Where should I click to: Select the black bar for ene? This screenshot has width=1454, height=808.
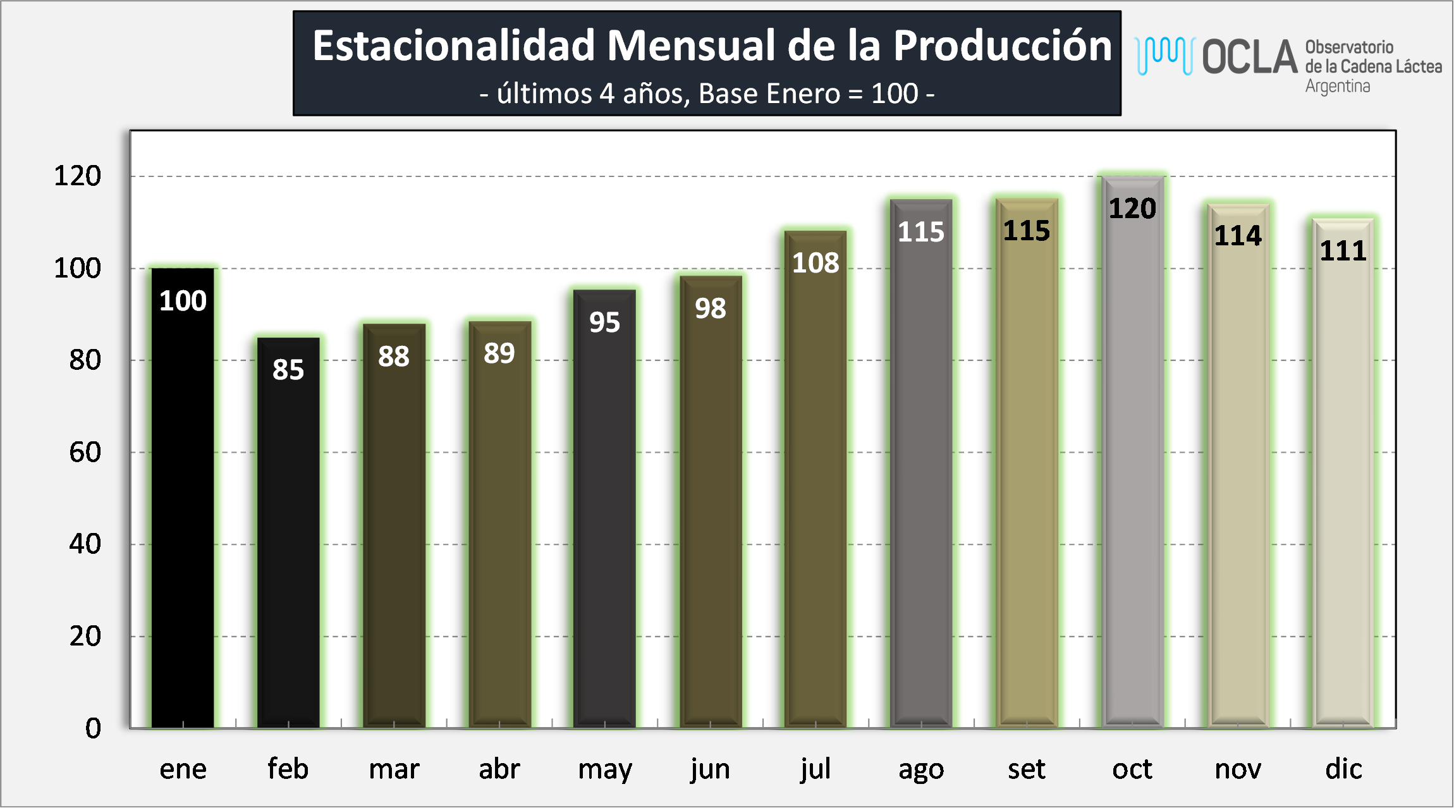point(183,506)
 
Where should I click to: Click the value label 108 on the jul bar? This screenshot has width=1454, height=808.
point(816,263)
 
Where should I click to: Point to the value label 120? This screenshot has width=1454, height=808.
point(1132,209)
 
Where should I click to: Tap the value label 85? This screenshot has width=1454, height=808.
point(288,370)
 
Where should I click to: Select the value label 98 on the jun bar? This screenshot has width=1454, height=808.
point(710,309)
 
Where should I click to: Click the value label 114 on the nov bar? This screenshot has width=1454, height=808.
point(1238,236)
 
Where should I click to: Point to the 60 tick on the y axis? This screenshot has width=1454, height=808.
point(85,453)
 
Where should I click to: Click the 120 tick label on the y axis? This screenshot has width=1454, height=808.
point(77,176)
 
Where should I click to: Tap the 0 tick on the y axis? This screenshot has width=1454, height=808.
point(93,728)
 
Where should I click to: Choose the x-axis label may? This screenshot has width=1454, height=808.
point(605,769)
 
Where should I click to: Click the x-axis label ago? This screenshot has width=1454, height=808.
point(921,769)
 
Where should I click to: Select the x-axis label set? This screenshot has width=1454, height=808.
point(1027,769)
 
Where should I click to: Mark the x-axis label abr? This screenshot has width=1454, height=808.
point(499,769)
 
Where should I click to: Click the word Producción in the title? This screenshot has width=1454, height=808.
point(1002,46)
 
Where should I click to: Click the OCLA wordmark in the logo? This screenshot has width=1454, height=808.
point(1249,57)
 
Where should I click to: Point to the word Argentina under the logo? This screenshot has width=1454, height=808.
point(1338,87)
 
